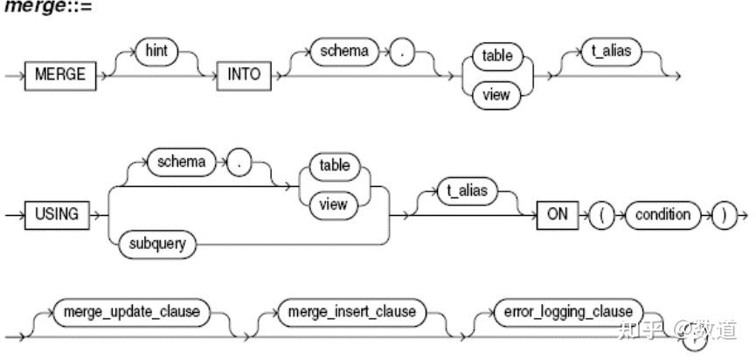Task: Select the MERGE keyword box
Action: (x=59, y=74)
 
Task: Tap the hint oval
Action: (x=156, y=52)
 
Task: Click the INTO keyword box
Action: (x=243, y=74)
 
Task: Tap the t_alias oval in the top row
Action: (x=610, y=52)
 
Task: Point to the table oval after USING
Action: (x=334, y=165)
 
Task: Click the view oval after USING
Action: (x=334, y=204)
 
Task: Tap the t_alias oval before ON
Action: (x=462, y=193)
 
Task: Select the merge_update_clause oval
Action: (x=130, y=311)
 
